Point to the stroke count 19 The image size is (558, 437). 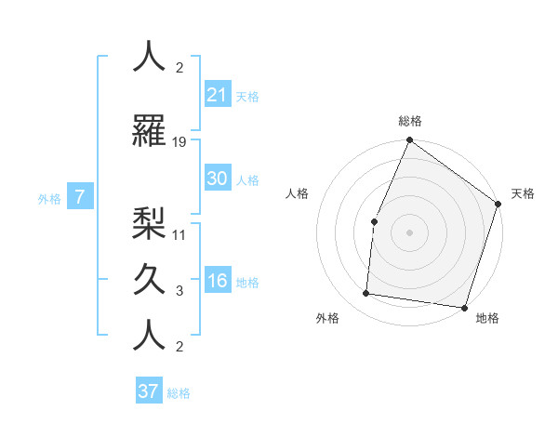tap(179, 142)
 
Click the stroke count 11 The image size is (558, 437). tap(179, 235)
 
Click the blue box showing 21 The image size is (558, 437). tap(217, 95)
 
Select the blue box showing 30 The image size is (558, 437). tap(217, 179)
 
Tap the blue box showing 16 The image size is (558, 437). tap(217, 281)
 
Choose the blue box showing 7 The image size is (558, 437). tap(80, 197)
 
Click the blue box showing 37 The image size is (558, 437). tap(148, 391)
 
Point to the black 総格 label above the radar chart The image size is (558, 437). tap(410, 121)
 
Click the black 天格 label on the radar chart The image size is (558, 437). tap(523, 193)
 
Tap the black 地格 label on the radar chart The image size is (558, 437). tap(487, 319)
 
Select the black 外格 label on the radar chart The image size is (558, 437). tap(327, 319)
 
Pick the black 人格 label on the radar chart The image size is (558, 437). tap(297, 193)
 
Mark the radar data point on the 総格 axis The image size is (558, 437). tap(409, 140)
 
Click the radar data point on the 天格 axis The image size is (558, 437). tap(498, 204)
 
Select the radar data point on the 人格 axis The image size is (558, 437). tap(374, 221)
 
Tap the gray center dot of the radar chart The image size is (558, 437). tap(409, 232)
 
